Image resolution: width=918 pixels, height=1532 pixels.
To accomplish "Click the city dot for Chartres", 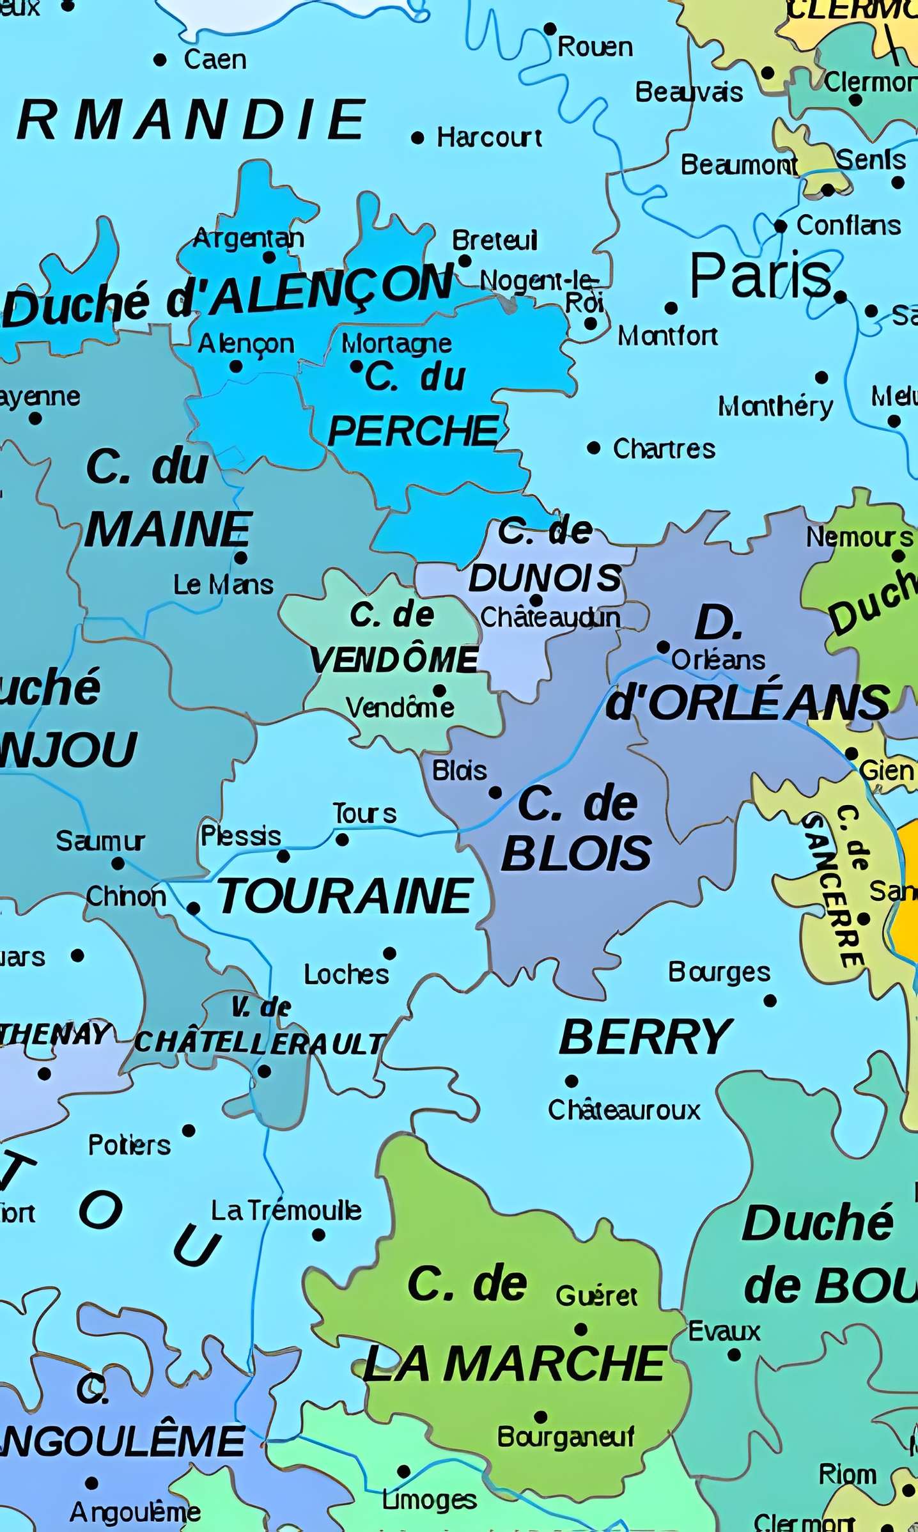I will click(594, 448).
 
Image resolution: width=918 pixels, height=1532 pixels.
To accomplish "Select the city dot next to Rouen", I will click(550, 29).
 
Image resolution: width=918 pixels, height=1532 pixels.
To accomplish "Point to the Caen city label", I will click(215, 59).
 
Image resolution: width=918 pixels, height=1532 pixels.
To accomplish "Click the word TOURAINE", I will click(345, 896).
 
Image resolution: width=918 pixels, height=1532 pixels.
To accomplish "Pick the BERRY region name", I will click(645, 1037).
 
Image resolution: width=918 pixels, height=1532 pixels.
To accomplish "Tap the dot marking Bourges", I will click(770, 1001).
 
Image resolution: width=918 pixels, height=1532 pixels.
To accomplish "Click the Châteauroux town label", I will click(624, 1109).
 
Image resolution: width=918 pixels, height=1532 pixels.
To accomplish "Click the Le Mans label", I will click(223, 584).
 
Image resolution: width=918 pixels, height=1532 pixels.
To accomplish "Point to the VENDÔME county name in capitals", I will click(394, 660).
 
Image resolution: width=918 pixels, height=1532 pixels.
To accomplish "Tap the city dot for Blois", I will click(495, 793).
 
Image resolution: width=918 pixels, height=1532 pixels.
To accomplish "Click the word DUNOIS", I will click(545, 578).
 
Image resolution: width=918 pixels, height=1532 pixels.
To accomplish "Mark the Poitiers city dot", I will click(189, 1131).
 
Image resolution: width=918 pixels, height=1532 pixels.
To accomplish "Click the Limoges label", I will click(429, 1499).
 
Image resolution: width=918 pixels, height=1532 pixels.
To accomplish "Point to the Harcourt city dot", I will click(417, 137).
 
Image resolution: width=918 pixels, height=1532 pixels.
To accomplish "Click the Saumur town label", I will click(100, 840).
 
